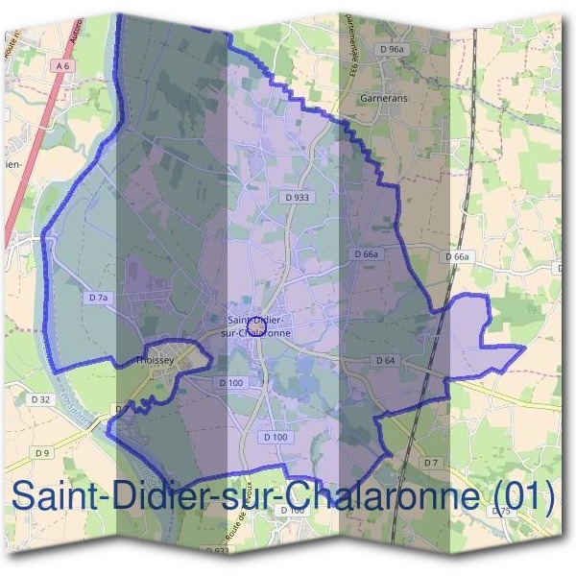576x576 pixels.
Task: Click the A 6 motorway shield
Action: pyautogui.click(x=64, y=65)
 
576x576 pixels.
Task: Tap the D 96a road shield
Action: pyautogui.click(x=391, y=48)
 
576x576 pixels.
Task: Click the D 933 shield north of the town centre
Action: pyautogui.click(x=298, y=196)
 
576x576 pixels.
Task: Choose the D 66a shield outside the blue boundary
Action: pyautogui.click(x=459, y=257)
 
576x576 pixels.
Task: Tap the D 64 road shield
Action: pyautogui.click(x=385, y=360)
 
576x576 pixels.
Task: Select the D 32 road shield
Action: pyautogui.click(x=40, y=398)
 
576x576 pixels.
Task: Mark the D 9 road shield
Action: pyautogui.click(x=41, y=452)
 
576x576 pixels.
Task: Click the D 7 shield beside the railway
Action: pyautogui.click(x=431, y=463)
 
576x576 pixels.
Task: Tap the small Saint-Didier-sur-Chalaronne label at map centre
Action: pyautogui.click(x=256, y=325)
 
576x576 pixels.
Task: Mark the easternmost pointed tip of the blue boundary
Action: pyautogui.click(x=524, y=347)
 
